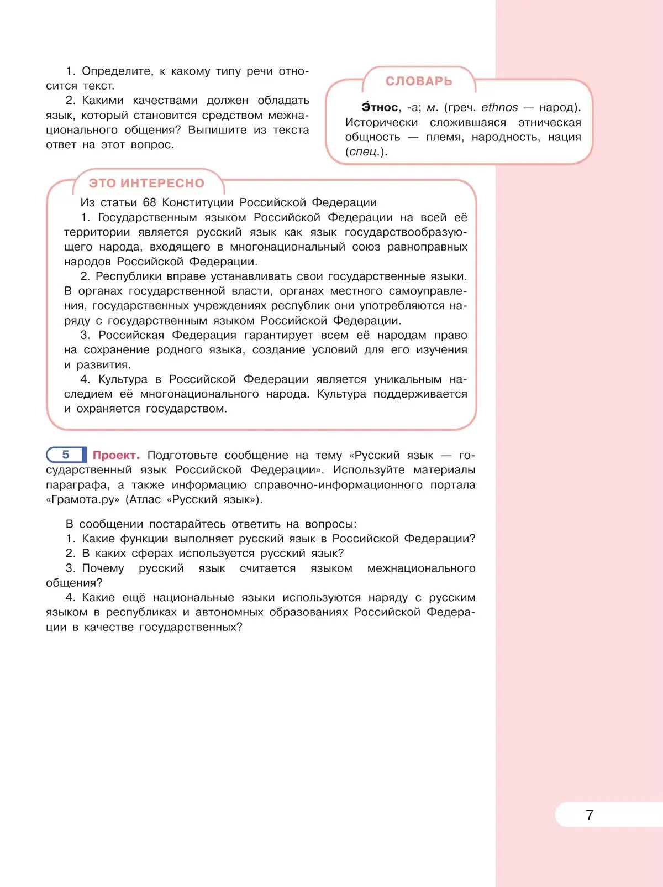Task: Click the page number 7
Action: pyautogui.click(x=590, y=815)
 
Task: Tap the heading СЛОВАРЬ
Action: pyautogui.click(x=419, y=81)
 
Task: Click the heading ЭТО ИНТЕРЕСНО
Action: pyautogui.click(x=146, y=183)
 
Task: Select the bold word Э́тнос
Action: pyautogui.click(x=380, y=107)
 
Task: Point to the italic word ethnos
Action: pyautogui.click(x=499, y=107)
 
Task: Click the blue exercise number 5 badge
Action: pyautogui.click(x=66, y=455)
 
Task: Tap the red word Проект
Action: pyautogui.click(x=116, y=455)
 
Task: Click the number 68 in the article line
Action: pyautogui.click(x=149, y=202)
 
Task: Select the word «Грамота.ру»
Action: pyautogui.click(x=83, y=499)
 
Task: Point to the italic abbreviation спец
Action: pyautogui.click(x=363, y=152)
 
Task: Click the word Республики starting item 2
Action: pyautogui.click(x=123, y=276)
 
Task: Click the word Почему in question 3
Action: pyautogui.click(x=103, y=568)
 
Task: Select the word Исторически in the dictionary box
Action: pyautogui.click(x=381, y=122)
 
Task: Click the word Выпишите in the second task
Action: pyautogui.click(x=217, y=130)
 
